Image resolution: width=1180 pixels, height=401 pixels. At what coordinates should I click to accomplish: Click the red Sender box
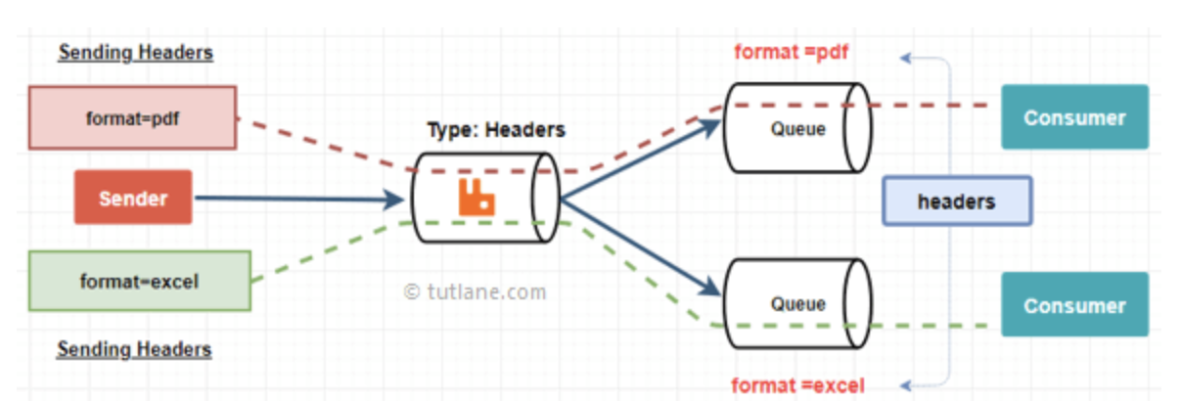(133, 198)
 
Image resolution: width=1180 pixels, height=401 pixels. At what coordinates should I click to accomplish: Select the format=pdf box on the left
(132, 117)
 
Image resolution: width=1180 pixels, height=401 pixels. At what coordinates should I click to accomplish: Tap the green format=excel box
(139, 282)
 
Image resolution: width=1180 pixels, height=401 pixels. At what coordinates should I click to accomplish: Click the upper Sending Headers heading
(136, 53)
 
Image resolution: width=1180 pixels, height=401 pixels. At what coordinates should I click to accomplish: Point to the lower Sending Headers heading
(134, 348)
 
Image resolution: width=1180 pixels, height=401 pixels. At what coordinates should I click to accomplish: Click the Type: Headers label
(496, 129)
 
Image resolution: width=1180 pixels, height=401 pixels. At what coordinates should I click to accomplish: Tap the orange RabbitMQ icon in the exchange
(477, 198)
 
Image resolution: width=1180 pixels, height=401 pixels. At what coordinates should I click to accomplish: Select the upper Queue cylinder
(797, 127)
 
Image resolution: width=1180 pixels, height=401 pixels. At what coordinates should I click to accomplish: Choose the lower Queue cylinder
(797, 303)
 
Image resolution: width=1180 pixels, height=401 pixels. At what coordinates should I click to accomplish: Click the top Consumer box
(1074, 117)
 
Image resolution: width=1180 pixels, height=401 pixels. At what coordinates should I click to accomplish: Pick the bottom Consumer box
(1074, 305)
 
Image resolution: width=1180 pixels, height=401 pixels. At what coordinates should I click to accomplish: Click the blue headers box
(956, 201)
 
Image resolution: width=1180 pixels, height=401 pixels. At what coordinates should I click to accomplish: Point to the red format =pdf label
(791, 51)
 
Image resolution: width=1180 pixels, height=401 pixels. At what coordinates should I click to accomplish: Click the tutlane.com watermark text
(476, 291)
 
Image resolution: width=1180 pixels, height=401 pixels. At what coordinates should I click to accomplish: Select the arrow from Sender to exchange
(294, 200)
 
